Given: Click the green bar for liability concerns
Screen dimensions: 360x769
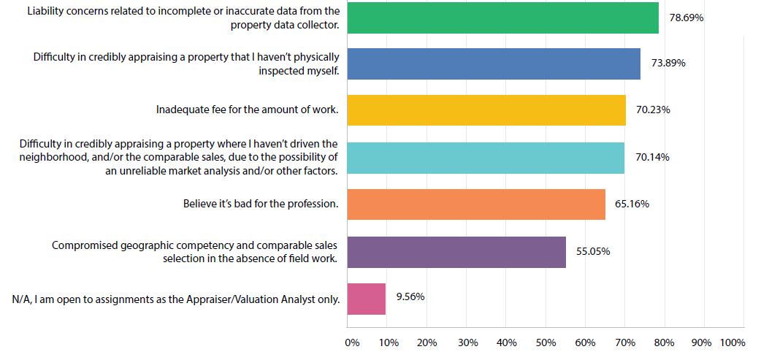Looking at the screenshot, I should [x=502, y=17].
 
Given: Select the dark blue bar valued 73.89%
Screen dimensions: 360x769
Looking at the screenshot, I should [x=494, y=64].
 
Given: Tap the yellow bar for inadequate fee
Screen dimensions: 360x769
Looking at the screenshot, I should [x=486, y=110].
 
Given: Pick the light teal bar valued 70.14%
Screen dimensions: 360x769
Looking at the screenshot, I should [x=486, y=158].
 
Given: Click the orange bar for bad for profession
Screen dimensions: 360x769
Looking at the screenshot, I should [x=476, y=204].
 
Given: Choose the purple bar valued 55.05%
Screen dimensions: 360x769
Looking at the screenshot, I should [x=456, y=252].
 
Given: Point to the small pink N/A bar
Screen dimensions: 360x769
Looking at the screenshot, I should [x=366, y=299].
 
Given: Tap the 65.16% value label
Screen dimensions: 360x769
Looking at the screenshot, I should [x=632, y=204].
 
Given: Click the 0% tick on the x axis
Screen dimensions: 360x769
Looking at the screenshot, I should [x=352, y=342].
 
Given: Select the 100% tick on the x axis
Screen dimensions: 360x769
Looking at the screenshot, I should [x=732, y=342].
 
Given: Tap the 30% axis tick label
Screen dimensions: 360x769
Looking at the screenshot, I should [x=468, y=342].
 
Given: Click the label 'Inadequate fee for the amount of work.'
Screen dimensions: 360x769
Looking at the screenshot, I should [x=248, y=110].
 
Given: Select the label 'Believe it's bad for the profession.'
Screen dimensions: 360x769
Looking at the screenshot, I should [x=261, y=204].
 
